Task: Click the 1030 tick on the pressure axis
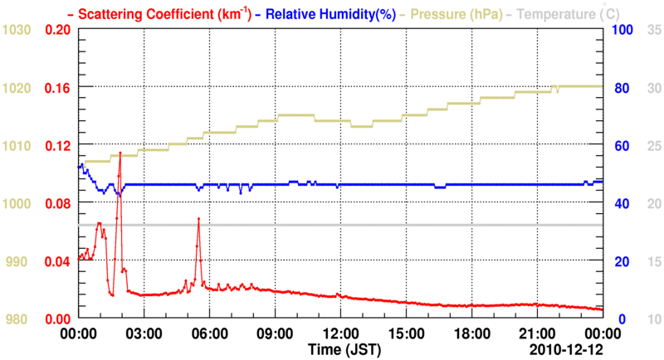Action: (17, 30)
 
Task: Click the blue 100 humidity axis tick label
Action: (622, 30)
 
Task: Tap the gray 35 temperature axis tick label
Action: (652, 30)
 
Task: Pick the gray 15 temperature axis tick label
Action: (652, 261)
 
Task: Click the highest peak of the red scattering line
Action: (120, 153)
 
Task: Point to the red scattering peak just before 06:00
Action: (198, 218)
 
